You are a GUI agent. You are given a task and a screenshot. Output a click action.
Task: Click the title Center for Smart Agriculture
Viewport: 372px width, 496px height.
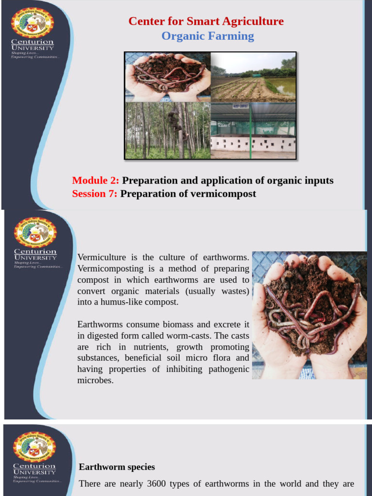coord(206,21)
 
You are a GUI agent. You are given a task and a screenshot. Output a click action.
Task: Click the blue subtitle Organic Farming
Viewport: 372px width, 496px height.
coord(207,36)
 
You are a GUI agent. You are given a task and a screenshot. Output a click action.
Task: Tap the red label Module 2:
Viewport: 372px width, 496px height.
coord(95,181)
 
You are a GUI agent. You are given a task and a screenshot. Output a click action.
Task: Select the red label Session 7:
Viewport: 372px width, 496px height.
coord(95,194)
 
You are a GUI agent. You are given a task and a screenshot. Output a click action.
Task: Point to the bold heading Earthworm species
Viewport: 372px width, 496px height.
coord(117,467)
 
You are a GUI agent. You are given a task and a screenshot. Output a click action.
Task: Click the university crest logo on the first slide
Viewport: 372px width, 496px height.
coord(33,22)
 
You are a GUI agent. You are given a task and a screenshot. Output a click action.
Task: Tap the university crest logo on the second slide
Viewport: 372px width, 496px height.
coord(35,232)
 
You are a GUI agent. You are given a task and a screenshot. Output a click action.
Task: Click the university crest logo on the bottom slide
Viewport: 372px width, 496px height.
coord(34,446)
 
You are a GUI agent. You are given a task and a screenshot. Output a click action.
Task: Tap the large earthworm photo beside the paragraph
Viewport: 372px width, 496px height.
coord(309,315)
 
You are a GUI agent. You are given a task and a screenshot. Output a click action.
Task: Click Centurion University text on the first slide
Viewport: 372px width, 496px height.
coord(33,45)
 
